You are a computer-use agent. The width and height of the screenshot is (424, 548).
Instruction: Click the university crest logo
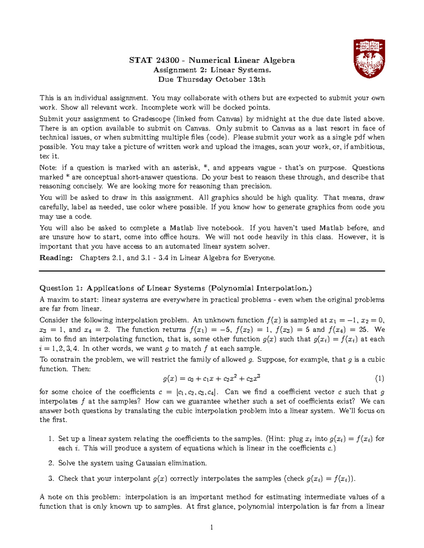(x=369, y=58)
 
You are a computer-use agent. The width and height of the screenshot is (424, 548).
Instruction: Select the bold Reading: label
(x=56, y=258)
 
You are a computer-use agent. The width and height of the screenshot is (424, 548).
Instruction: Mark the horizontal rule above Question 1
(x=212, y=271)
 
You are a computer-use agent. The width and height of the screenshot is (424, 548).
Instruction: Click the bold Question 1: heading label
(x=61, y=288)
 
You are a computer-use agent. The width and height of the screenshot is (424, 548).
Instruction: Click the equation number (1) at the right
(x=379, y=379)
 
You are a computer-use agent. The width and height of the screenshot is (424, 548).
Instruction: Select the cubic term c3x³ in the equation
(x=253, y=379)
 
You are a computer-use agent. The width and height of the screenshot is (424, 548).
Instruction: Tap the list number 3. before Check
(x=51, y=479)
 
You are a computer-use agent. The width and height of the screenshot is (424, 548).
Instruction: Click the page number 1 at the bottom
(x=212, y=528)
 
